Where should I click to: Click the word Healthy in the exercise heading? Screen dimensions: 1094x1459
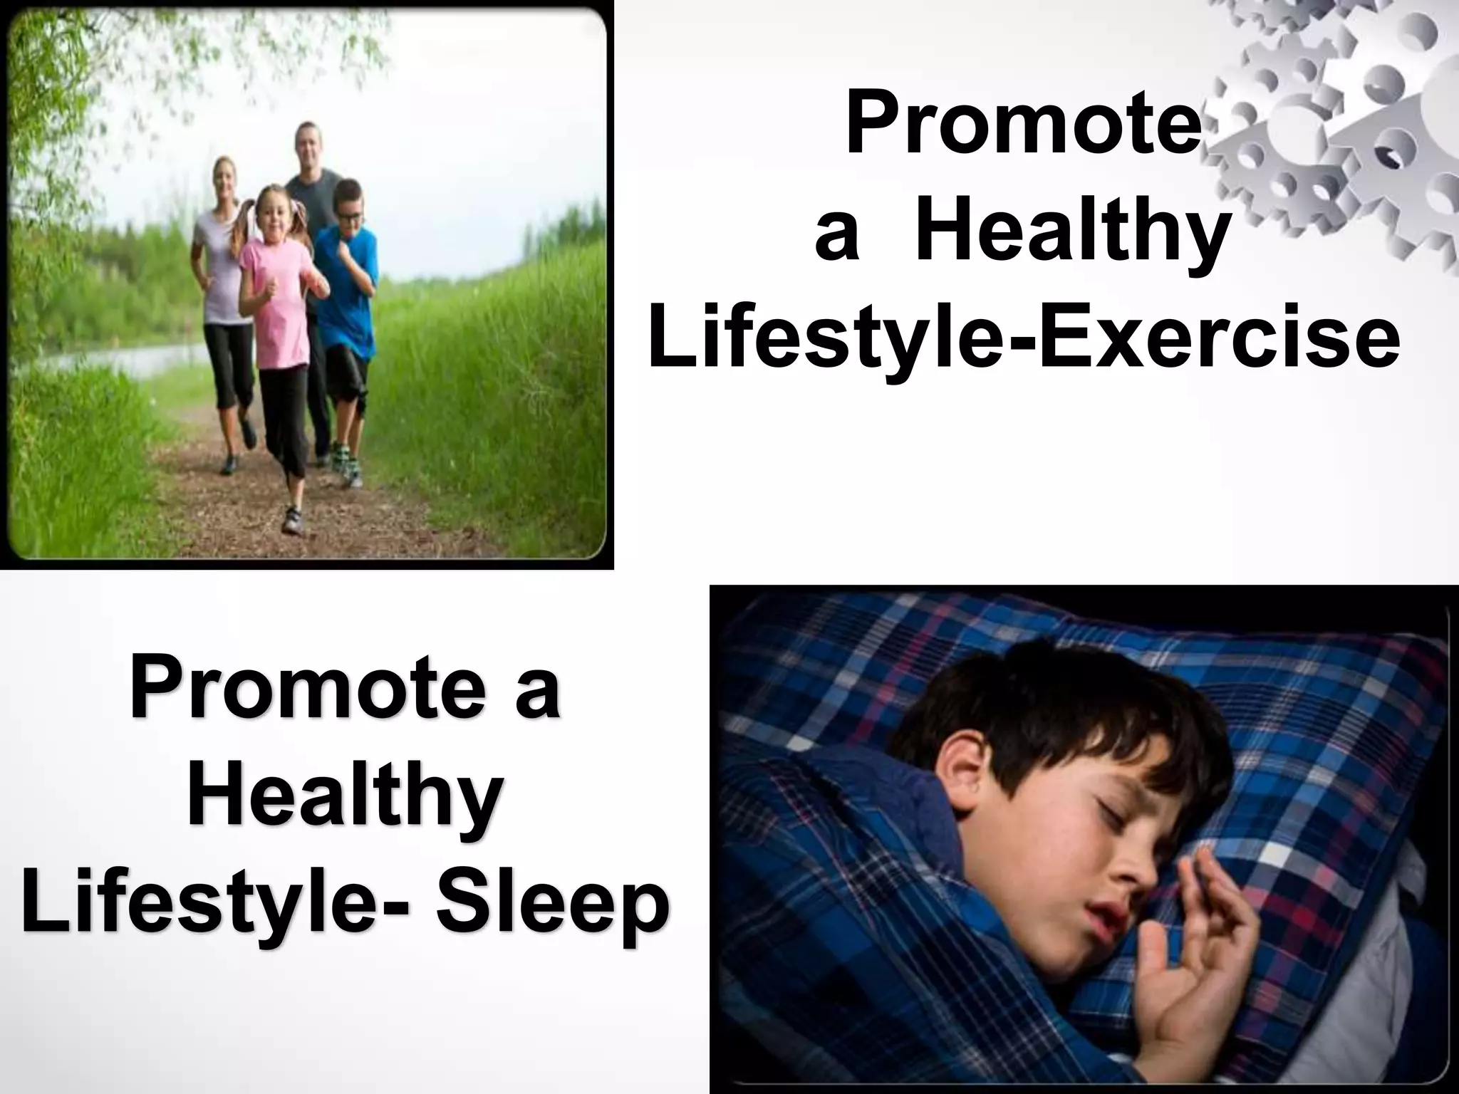tap(1072, 233)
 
